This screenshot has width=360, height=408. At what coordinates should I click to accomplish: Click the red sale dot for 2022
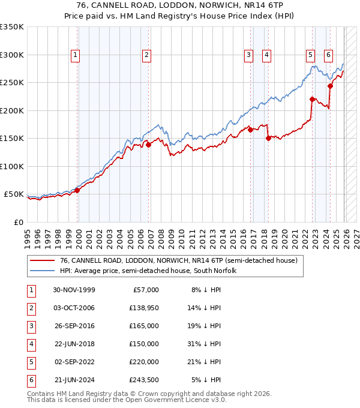[312, 99]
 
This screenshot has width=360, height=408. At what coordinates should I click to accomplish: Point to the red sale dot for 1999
[77, 190]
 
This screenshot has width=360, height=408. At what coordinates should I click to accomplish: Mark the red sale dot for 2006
[148, 144]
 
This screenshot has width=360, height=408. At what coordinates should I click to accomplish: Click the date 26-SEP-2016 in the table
[74, 326]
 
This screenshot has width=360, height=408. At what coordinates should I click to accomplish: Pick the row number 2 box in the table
[30, 308]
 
